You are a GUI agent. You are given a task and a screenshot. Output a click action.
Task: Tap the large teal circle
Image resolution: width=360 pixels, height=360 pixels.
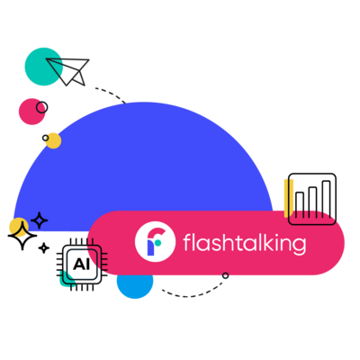[x=44, y=67]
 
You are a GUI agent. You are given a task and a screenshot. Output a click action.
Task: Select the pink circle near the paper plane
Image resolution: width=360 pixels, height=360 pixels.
[x=31, y=112]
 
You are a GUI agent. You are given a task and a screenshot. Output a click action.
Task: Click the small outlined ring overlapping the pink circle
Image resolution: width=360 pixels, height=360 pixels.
[x=41, y=107]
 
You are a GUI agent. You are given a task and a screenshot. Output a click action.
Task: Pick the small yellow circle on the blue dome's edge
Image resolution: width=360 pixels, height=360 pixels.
[x=53, y=140]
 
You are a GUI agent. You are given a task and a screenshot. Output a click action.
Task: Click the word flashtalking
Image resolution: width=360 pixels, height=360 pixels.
[x=245, y=243]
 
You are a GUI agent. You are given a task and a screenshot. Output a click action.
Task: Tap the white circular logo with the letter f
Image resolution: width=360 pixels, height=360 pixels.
[x=155, y=241]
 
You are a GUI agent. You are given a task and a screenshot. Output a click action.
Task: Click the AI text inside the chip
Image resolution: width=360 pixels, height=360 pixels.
[x=81, y=265]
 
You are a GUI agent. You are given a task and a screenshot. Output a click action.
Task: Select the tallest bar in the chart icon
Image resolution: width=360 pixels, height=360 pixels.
[x=326, y=199]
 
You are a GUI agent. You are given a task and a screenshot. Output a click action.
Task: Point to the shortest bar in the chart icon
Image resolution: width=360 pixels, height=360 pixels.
[x=300, y=205]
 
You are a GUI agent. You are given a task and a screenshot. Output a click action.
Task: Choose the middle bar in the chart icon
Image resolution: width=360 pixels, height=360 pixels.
[x=312, y=202]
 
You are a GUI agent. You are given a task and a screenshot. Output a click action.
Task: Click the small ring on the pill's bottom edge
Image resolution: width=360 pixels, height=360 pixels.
[x=225, y=275]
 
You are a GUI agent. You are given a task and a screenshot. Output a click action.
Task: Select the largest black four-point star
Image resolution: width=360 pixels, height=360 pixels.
[x=22, y=236]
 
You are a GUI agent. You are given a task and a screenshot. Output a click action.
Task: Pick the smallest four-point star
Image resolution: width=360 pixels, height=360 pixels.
[x=44, y=248]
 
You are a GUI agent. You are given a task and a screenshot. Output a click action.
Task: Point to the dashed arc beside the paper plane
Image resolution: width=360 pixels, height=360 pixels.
[x=111, y=94]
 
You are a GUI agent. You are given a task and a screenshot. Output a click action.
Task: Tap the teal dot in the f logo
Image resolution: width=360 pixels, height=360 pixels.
[x=158, y=242]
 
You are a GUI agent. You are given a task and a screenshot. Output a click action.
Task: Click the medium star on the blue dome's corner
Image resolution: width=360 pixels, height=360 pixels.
[x=39, y=220]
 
